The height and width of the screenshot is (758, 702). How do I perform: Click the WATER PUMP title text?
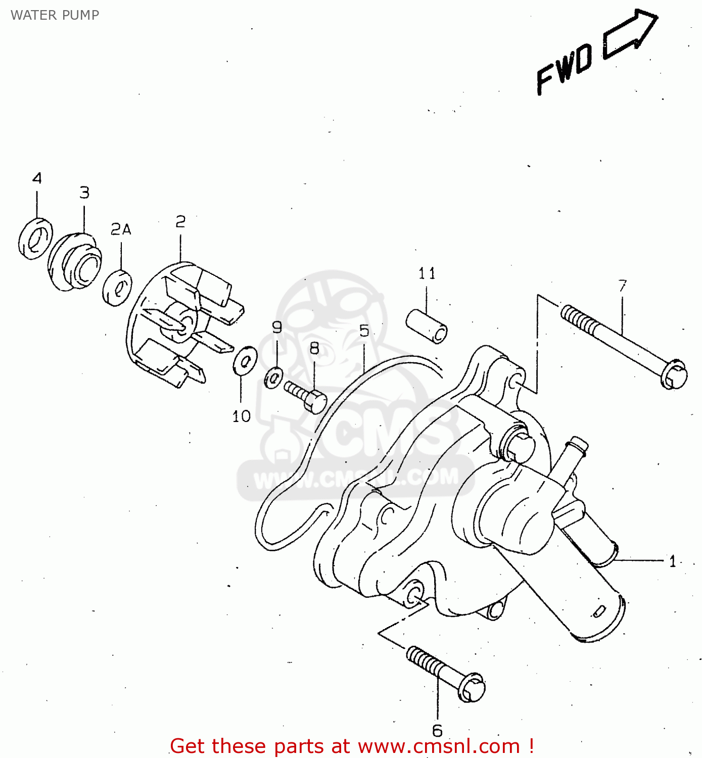click(x=55, y=15)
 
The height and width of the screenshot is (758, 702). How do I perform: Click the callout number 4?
click(x=37, y=178)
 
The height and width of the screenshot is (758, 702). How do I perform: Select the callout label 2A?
click(x=121, y=230)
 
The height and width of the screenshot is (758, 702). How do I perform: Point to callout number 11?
click(x=427, y=274)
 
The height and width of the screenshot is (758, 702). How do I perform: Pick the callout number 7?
click(x=622, y=286)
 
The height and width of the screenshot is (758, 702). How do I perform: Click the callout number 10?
click(x=241, y=416)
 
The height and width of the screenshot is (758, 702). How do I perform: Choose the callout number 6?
click(x=437, y=731)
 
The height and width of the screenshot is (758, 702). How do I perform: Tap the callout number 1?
click(x=672, y=561)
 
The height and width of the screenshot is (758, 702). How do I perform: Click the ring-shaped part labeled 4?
click(x=36, y=239)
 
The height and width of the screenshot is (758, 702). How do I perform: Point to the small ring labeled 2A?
click(x=117, y=288)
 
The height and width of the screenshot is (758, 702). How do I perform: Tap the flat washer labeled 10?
click(x=245, y=361)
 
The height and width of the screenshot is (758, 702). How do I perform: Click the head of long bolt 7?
click(x=673, y=374)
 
